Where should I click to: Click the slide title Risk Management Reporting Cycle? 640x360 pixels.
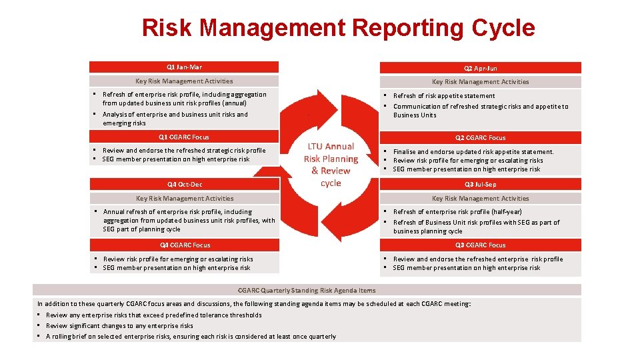click(x=338, y=28)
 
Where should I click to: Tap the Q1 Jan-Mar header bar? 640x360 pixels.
click(x=184, y=67)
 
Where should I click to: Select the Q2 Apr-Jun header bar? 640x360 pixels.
click(x=480, y=68)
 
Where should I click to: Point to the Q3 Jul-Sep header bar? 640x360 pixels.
click(x=480, y=185)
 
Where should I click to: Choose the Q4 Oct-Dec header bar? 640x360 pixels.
click(x=184, y=185)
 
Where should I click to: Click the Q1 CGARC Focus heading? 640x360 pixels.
click(x=184, y=137)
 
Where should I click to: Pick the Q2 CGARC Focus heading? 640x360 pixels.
click(x=480, y=138)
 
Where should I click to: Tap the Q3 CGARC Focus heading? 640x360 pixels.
click(x=480, y=245)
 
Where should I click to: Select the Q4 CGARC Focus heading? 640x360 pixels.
click(x=184, y=245)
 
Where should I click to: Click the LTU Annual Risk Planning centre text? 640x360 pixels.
click(x=331, y=165)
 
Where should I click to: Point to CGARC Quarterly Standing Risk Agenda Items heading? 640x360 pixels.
click(x=307, y=291)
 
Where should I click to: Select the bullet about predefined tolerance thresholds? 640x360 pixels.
click(x=153, y=315)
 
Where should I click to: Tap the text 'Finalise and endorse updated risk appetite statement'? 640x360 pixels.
click(x=473, y=152)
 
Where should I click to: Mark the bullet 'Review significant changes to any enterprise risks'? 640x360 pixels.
click(x=119, y=326)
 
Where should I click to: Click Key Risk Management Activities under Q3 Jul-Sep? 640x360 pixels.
click(x=480, y=199)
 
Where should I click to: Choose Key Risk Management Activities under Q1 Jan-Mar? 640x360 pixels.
click(x=184, y=81)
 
